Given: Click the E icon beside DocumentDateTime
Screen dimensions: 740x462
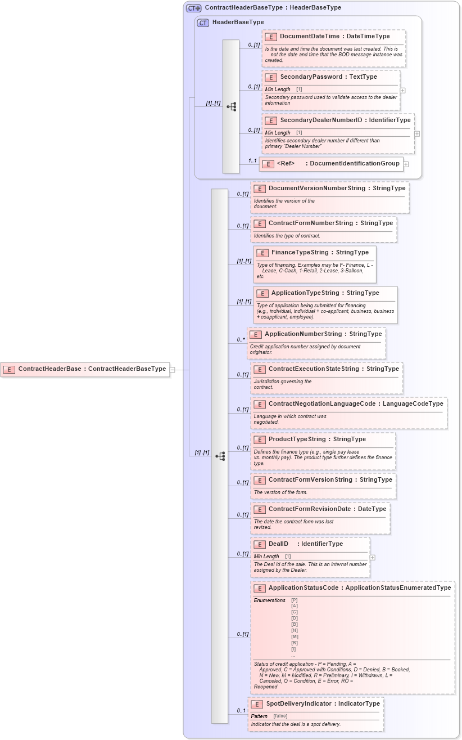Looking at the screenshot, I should (271, 37).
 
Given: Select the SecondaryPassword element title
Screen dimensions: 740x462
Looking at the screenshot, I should (328, 77).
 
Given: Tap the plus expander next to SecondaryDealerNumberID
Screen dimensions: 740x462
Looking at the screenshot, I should (416, 134).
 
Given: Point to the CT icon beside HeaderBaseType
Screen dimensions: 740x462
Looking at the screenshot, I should (203, 23).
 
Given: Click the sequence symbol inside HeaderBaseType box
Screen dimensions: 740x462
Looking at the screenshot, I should (231, 106).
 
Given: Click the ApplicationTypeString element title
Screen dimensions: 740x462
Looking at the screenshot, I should (325, 293).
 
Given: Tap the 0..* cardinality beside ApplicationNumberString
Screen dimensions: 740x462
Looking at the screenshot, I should (241, 340).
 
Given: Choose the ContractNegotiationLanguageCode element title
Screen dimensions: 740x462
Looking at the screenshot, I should (355, 403).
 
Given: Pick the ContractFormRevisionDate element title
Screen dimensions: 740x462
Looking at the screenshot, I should (327, 509).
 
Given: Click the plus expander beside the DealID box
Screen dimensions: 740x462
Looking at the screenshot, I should (372, 558).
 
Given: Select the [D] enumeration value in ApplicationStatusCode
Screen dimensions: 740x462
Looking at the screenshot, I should (295, 618).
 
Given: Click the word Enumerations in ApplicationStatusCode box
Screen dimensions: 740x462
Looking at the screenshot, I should (269, 600).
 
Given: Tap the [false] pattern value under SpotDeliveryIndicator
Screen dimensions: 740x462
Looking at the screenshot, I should (280, 716).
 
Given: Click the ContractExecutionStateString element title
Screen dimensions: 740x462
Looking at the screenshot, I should (333, 369).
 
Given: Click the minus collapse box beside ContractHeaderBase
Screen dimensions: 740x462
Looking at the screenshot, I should (173, 370).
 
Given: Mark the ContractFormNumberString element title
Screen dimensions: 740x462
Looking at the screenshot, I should (330, 223).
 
